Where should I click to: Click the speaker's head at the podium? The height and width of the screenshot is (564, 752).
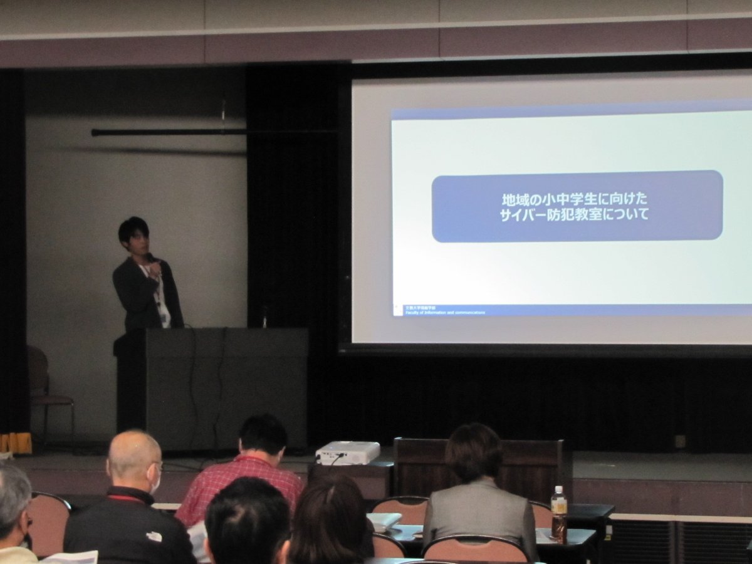(133, 234)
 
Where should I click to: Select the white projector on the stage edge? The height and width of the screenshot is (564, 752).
(347, 452)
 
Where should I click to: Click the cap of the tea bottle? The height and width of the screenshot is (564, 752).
(558, 490)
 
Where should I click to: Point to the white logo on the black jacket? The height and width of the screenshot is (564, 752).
(154, 536)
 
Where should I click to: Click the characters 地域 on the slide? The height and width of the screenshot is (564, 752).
(513, 200)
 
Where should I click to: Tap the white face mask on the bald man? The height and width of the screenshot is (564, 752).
(155, 483)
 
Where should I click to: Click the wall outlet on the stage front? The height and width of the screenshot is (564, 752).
(680, 441)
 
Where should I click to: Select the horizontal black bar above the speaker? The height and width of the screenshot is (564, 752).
(169, 132)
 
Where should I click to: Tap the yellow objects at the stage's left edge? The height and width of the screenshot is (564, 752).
(16, 443)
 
